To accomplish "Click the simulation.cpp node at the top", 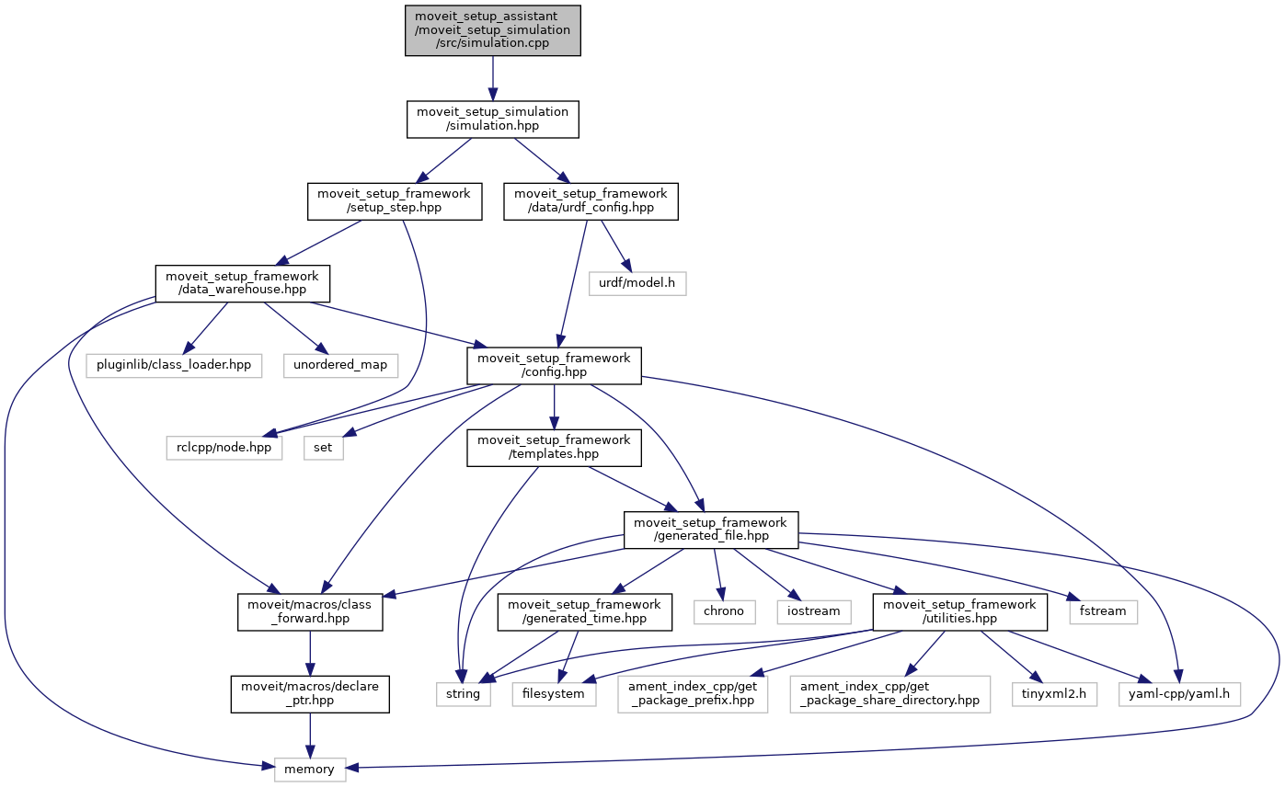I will tap(492, 29).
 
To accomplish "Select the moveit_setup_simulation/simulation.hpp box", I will tap(492, 119).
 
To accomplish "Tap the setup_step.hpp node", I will tap(395, 201).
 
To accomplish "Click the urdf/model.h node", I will tap(637, 282).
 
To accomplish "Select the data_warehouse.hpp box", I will tap(241, 283).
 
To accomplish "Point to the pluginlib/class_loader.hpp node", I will tap(175, 364).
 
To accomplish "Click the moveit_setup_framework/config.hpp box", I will tap(554, 365).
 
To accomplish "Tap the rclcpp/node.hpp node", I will tap(224, 448).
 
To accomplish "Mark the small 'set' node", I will tap(323, 448).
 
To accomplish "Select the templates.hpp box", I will tap(554, 448).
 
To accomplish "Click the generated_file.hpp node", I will tap(711, 530).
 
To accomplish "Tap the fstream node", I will tap(1103, 610).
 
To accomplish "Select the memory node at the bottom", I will tap(310, 769).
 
